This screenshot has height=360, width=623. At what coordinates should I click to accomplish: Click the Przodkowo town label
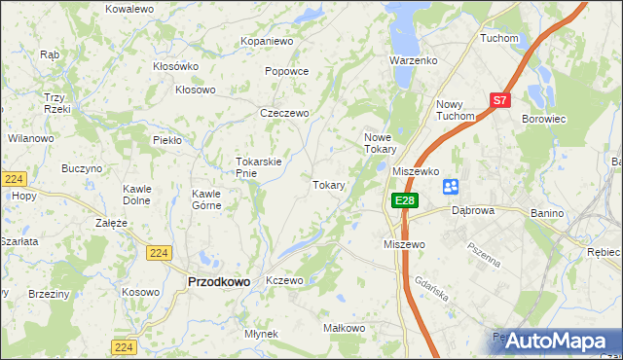pyautogui.click(x=217, y=281)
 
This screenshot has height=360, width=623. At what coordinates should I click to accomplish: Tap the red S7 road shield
pyautogui.click(x=499, y=99)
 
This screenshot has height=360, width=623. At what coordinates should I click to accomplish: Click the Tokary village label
pyautogui.click(x=329, y=185)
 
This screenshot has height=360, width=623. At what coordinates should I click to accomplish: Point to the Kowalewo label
pyautogui.click(x=129, y=8)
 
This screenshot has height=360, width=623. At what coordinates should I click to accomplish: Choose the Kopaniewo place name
pyautogui.click(x=267, y=42)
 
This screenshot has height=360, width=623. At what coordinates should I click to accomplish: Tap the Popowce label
pyautogui.click(x=286, y=71)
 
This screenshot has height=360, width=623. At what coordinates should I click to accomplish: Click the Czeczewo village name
pyautogui.click(x=284, y=113)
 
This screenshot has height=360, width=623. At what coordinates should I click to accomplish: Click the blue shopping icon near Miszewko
pyautogui.click(x=451, y=186)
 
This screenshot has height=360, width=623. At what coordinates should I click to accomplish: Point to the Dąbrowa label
pyautogui.click(x=474, y=209)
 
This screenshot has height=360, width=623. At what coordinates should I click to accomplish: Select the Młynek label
pyautogui.click(x=262, y=334)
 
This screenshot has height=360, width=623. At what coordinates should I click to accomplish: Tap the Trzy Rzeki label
pyautogui.click(x=55, y=103)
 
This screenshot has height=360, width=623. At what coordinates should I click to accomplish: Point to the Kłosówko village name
pyautogui.click(x=175, y=66)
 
